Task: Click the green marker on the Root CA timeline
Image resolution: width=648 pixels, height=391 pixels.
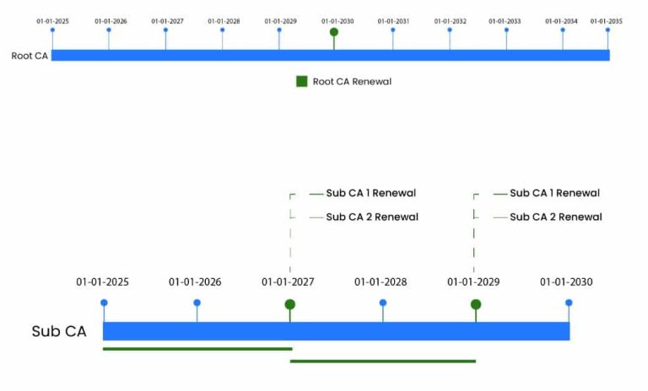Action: pyautogui.click(x=334, y=32)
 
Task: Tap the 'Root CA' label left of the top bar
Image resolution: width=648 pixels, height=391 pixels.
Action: pyautogui.click(x=30, y=56)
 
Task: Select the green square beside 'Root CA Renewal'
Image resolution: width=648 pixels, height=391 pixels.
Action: pyautogui.click(x=302, y=82)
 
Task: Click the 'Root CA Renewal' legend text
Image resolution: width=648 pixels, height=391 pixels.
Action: pyautogui.click(x=352, y=82)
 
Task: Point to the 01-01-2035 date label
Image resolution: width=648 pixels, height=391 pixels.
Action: pyautogui.click(x=607, y=21)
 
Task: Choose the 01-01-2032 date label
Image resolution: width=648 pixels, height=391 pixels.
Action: pyautogui.click(x=450, y=21)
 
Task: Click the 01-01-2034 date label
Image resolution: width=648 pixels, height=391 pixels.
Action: pyautogui.click(x=561, y=21)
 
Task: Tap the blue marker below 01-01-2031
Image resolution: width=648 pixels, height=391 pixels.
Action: pyautogui.click(x=392, y=30)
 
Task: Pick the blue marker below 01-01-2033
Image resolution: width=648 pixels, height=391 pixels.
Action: pyautogui.click(x=506, y=30)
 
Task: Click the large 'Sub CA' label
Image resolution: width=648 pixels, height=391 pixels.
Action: pyautogui.click(x=59, y=331)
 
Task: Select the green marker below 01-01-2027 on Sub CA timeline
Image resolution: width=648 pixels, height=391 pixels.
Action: pyautogui.click(x=289, y=305)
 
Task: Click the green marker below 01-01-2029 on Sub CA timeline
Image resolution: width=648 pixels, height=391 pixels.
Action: pyautogui.click(x=476, y=305)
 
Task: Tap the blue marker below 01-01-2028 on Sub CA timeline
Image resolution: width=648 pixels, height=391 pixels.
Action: pyautogui.click(x=383, y=303)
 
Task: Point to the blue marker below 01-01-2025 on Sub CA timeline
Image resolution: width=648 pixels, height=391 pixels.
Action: pyautogui.click(x=104, y=303)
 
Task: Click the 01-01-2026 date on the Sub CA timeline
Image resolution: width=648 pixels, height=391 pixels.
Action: pyautogui.click(x=195, y=282)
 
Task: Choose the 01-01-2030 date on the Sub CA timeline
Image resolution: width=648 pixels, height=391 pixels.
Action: pyautogui.click(x=566, y=282)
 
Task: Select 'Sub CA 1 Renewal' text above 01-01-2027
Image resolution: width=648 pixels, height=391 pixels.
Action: pyautogui.click(x=370, y=193)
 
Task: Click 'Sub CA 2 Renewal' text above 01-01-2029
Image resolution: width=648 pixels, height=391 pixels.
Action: pyautogui.click(x=556, y=217)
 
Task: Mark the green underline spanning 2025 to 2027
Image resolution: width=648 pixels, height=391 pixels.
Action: pyautogui.click(x=197, y=349)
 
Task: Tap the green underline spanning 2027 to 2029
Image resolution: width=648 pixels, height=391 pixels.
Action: pyautogui.click(x=383, y=362)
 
